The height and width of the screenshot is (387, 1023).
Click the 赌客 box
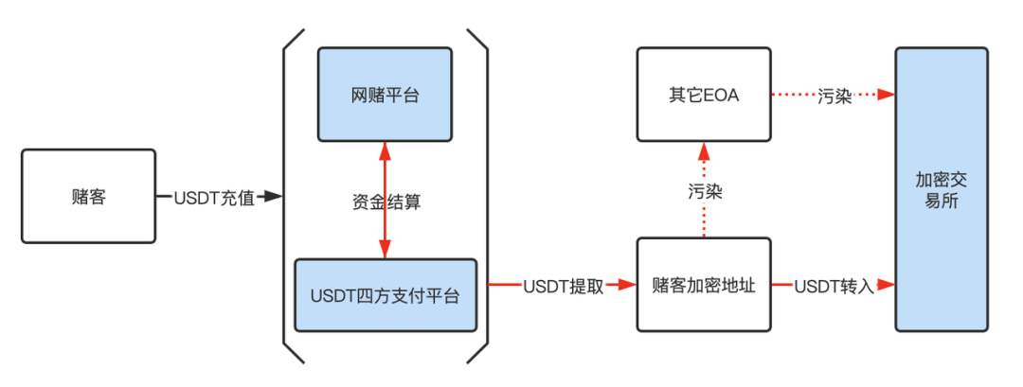coord(88,196)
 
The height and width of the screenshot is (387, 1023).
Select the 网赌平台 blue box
coord(385,95)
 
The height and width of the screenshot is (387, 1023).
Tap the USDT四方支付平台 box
coord(385,295)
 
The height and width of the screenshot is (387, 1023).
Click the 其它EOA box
coord(703,95)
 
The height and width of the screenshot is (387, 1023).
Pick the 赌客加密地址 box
coord(703,285)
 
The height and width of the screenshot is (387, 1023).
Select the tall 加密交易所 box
coord(942,189)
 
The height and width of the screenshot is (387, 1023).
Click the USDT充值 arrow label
coord(214,197)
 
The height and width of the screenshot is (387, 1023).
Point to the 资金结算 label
coord(385,201)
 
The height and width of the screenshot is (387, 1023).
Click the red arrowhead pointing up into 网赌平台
coord(385,149)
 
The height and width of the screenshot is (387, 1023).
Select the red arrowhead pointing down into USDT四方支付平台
coord(385,251)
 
